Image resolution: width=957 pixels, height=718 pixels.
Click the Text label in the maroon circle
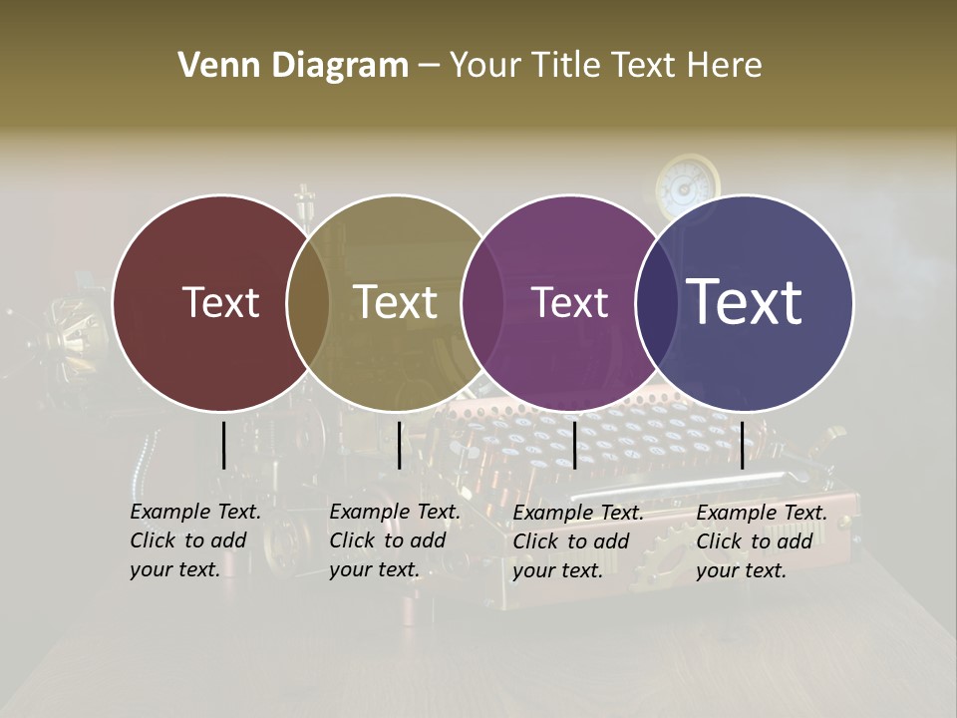[220, 302]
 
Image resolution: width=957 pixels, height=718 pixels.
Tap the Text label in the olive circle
[395, 302]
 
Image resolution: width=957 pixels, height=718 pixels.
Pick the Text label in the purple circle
[569, 302]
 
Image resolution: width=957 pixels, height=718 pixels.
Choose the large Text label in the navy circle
[745, 301]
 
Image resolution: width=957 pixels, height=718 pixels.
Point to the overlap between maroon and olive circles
[308, 303]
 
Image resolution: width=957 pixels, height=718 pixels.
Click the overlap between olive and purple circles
[482, 303]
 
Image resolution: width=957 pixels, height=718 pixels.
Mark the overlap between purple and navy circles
[657, 303]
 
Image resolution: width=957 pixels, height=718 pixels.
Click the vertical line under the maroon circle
[223, 445]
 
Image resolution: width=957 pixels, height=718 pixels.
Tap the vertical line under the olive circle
[399, 445]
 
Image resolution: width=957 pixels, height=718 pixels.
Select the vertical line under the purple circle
[574, 445]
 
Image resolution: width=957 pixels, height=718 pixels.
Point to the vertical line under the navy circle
[742, 445]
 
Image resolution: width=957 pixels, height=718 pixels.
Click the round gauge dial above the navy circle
[687, 182]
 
